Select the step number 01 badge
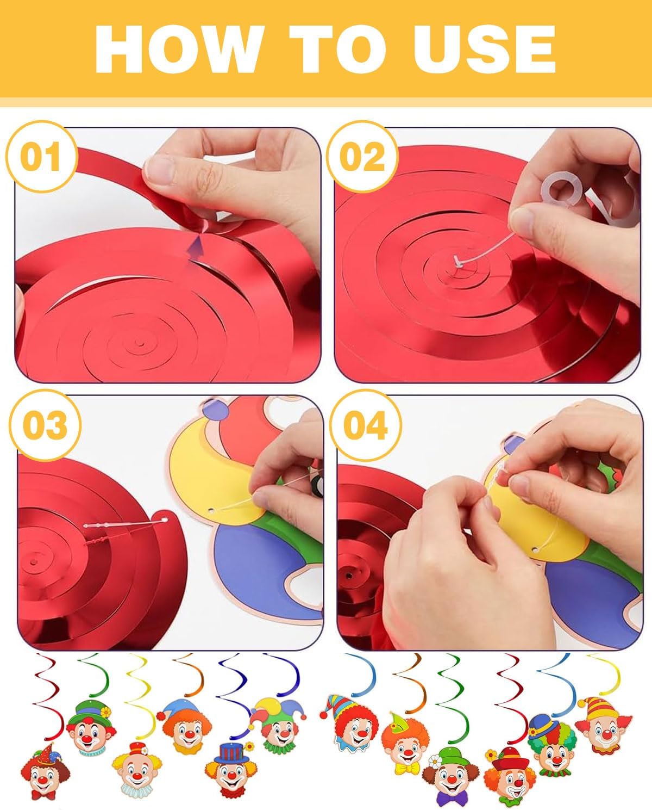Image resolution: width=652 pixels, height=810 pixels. [41, 157]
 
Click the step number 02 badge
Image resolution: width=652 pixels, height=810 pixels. [362, 157]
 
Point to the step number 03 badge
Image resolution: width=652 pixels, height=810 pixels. [45, 425]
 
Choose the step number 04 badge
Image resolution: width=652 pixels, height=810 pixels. [365, 425]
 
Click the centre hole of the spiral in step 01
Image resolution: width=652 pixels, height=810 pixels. [140, 344]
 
